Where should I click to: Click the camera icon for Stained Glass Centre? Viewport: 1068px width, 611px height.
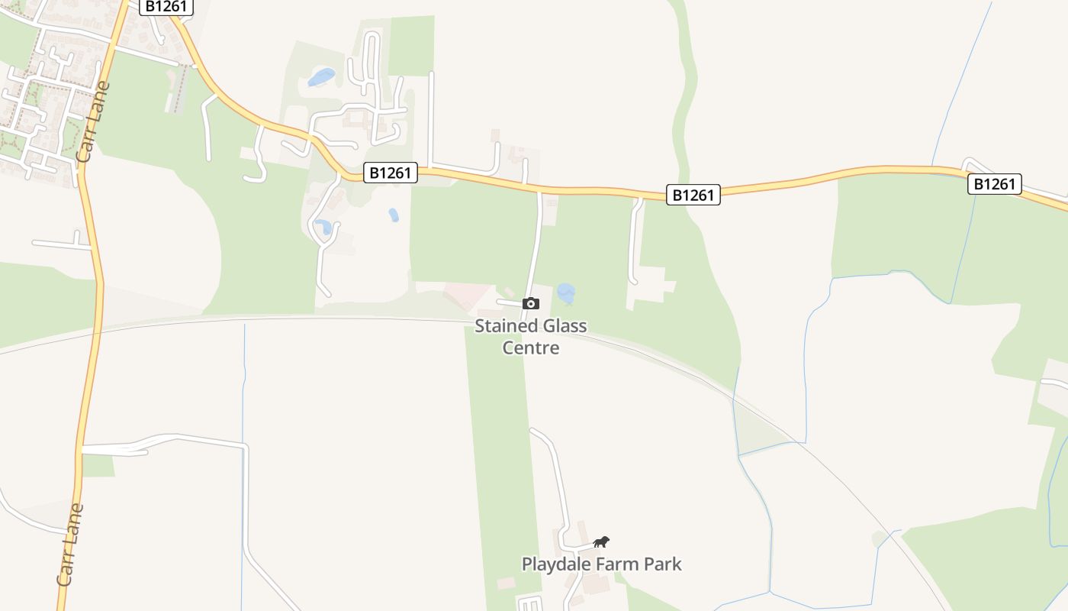click(531, 304)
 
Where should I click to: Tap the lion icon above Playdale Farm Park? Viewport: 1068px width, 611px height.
click(601, 542)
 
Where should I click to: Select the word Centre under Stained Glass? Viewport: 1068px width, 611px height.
click(531, 348)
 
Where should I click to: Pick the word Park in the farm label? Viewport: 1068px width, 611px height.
click(662, 564)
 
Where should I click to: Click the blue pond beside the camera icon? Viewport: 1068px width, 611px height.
click(566, 293)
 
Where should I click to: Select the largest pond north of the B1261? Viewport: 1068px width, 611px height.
click(322, 77)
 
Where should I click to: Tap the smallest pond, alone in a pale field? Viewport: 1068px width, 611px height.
click(394, 215)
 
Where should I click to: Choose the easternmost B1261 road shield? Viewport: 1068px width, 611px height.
click(995, 184)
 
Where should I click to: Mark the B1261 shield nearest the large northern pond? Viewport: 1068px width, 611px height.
click(390, 173)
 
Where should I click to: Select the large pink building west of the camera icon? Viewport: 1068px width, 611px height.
click(467, 295)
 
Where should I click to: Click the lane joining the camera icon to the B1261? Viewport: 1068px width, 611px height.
click(537, 244)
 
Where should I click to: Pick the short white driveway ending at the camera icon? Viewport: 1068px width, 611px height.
click(509, 303)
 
